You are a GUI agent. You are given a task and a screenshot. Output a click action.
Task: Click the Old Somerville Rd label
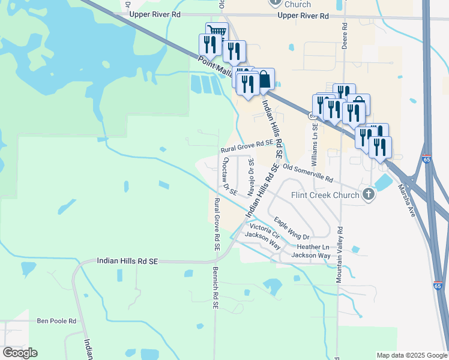307,173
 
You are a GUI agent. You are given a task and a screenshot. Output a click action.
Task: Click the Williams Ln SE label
315,148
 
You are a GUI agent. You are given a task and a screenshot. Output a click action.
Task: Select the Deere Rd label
345,37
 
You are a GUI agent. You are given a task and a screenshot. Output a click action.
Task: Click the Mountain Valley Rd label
339,254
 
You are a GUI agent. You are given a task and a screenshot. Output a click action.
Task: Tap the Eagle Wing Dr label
291,229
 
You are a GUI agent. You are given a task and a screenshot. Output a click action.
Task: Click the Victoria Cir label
265,229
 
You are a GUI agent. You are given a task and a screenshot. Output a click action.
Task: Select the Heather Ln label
313,247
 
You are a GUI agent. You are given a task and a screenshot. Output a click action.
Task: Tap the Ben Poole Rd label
56,321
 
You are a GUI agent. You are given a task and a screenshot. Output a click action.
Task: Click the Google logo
20,352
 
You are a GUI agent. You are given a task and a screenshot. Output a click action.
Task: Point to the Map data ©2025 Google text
411,355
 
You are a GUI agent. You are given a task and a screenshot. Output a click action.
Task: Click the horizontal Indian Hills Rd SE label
127,261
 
